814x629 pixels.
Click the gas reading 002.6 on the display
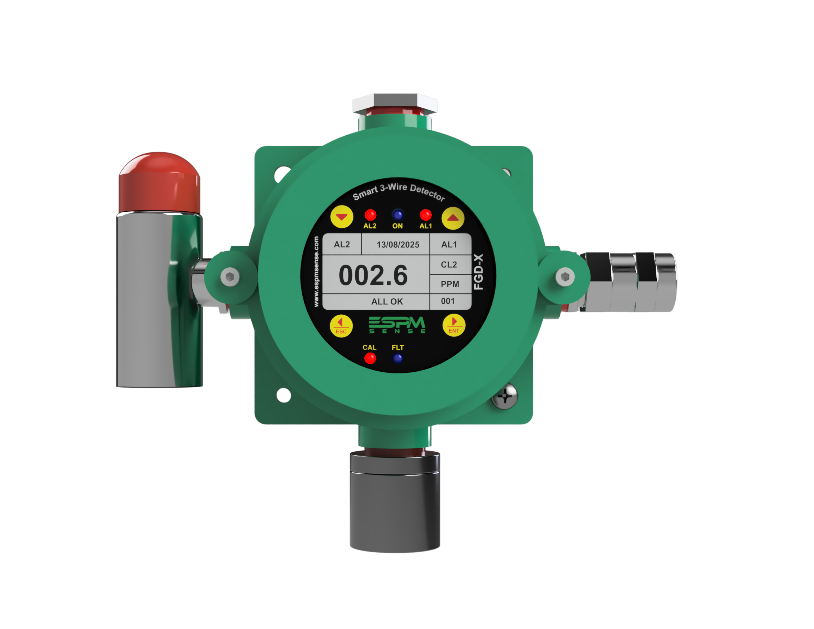(373, 276)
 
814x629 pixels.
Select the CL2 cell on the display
(449, 265)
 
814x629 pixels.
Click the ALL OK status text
(387, 301)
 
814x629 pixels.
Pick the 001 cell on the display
(448, 301)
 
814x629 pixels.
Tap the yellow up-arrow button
(453, 218)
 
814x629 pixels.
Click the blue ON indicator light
(398, 215)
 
